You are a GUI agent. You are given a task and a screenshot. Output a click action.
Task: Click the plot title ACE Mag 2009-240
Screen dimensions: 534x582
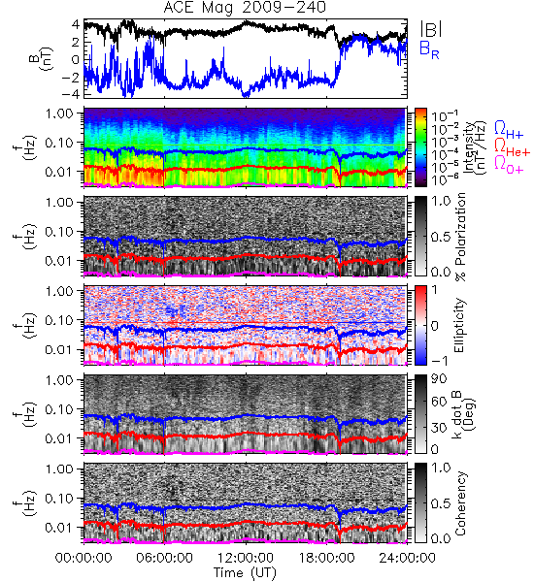pos(245,8)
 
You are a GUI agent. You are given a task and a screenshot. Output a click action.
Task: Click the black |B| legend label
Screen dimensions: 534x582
pos(430,29)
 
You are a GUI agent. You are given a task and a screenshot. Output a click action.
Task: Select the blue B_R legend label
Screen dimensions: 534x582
pos(429,50)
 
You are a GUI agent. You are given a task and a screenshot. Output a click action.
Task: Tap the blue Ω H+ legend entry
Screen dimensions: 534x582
pos(509,130)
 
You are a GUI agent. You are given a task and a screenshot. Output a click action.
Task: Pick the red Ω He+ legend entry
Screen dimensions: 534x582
pos(512,147)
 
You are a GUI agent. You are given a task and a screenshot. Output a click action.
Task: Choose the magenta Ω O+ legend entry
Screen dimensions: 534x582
pos(509,165)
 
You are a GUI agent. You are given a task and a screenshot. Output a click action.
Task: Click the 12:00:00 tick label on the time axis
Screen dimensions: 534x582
pos(246,558)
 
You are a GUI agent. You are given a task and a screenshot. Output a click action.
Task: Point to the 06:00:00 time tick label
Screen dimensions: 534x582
pos(165,558)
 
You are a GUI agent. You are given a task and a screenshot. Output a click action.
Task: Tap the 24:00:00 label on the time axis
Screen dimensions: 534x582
pos(407,558)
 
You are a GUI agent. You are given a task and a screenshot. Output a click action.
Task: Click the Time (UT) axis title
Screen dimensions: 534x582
pos(245,573)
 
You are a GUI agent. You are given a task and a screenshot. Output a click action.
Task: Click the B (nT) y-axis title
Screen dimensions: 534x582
pos(43,58)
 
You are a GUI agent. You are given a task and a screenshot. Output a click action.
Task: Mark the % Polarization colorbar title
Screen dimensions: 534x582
pos(460,237)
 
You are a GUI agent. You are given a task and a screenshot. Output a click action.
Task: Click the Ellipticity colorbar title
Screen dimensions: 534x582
pos(459,326)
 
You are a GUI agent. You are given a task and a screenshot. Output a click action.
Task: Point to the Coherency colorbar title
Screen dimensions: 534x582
pos(460,502)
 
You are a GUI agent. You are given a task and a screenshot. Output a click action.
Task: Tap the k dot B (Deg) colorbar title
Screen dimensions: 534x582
pos(463,414)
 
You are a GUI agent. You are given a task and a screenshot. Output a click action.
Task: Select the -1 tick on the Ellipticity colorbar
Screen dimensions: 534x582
pos(439,361)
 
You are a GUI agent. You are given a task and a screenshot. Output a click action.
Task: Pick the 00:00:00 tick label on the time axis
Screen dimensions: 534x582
pos(83,558)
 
